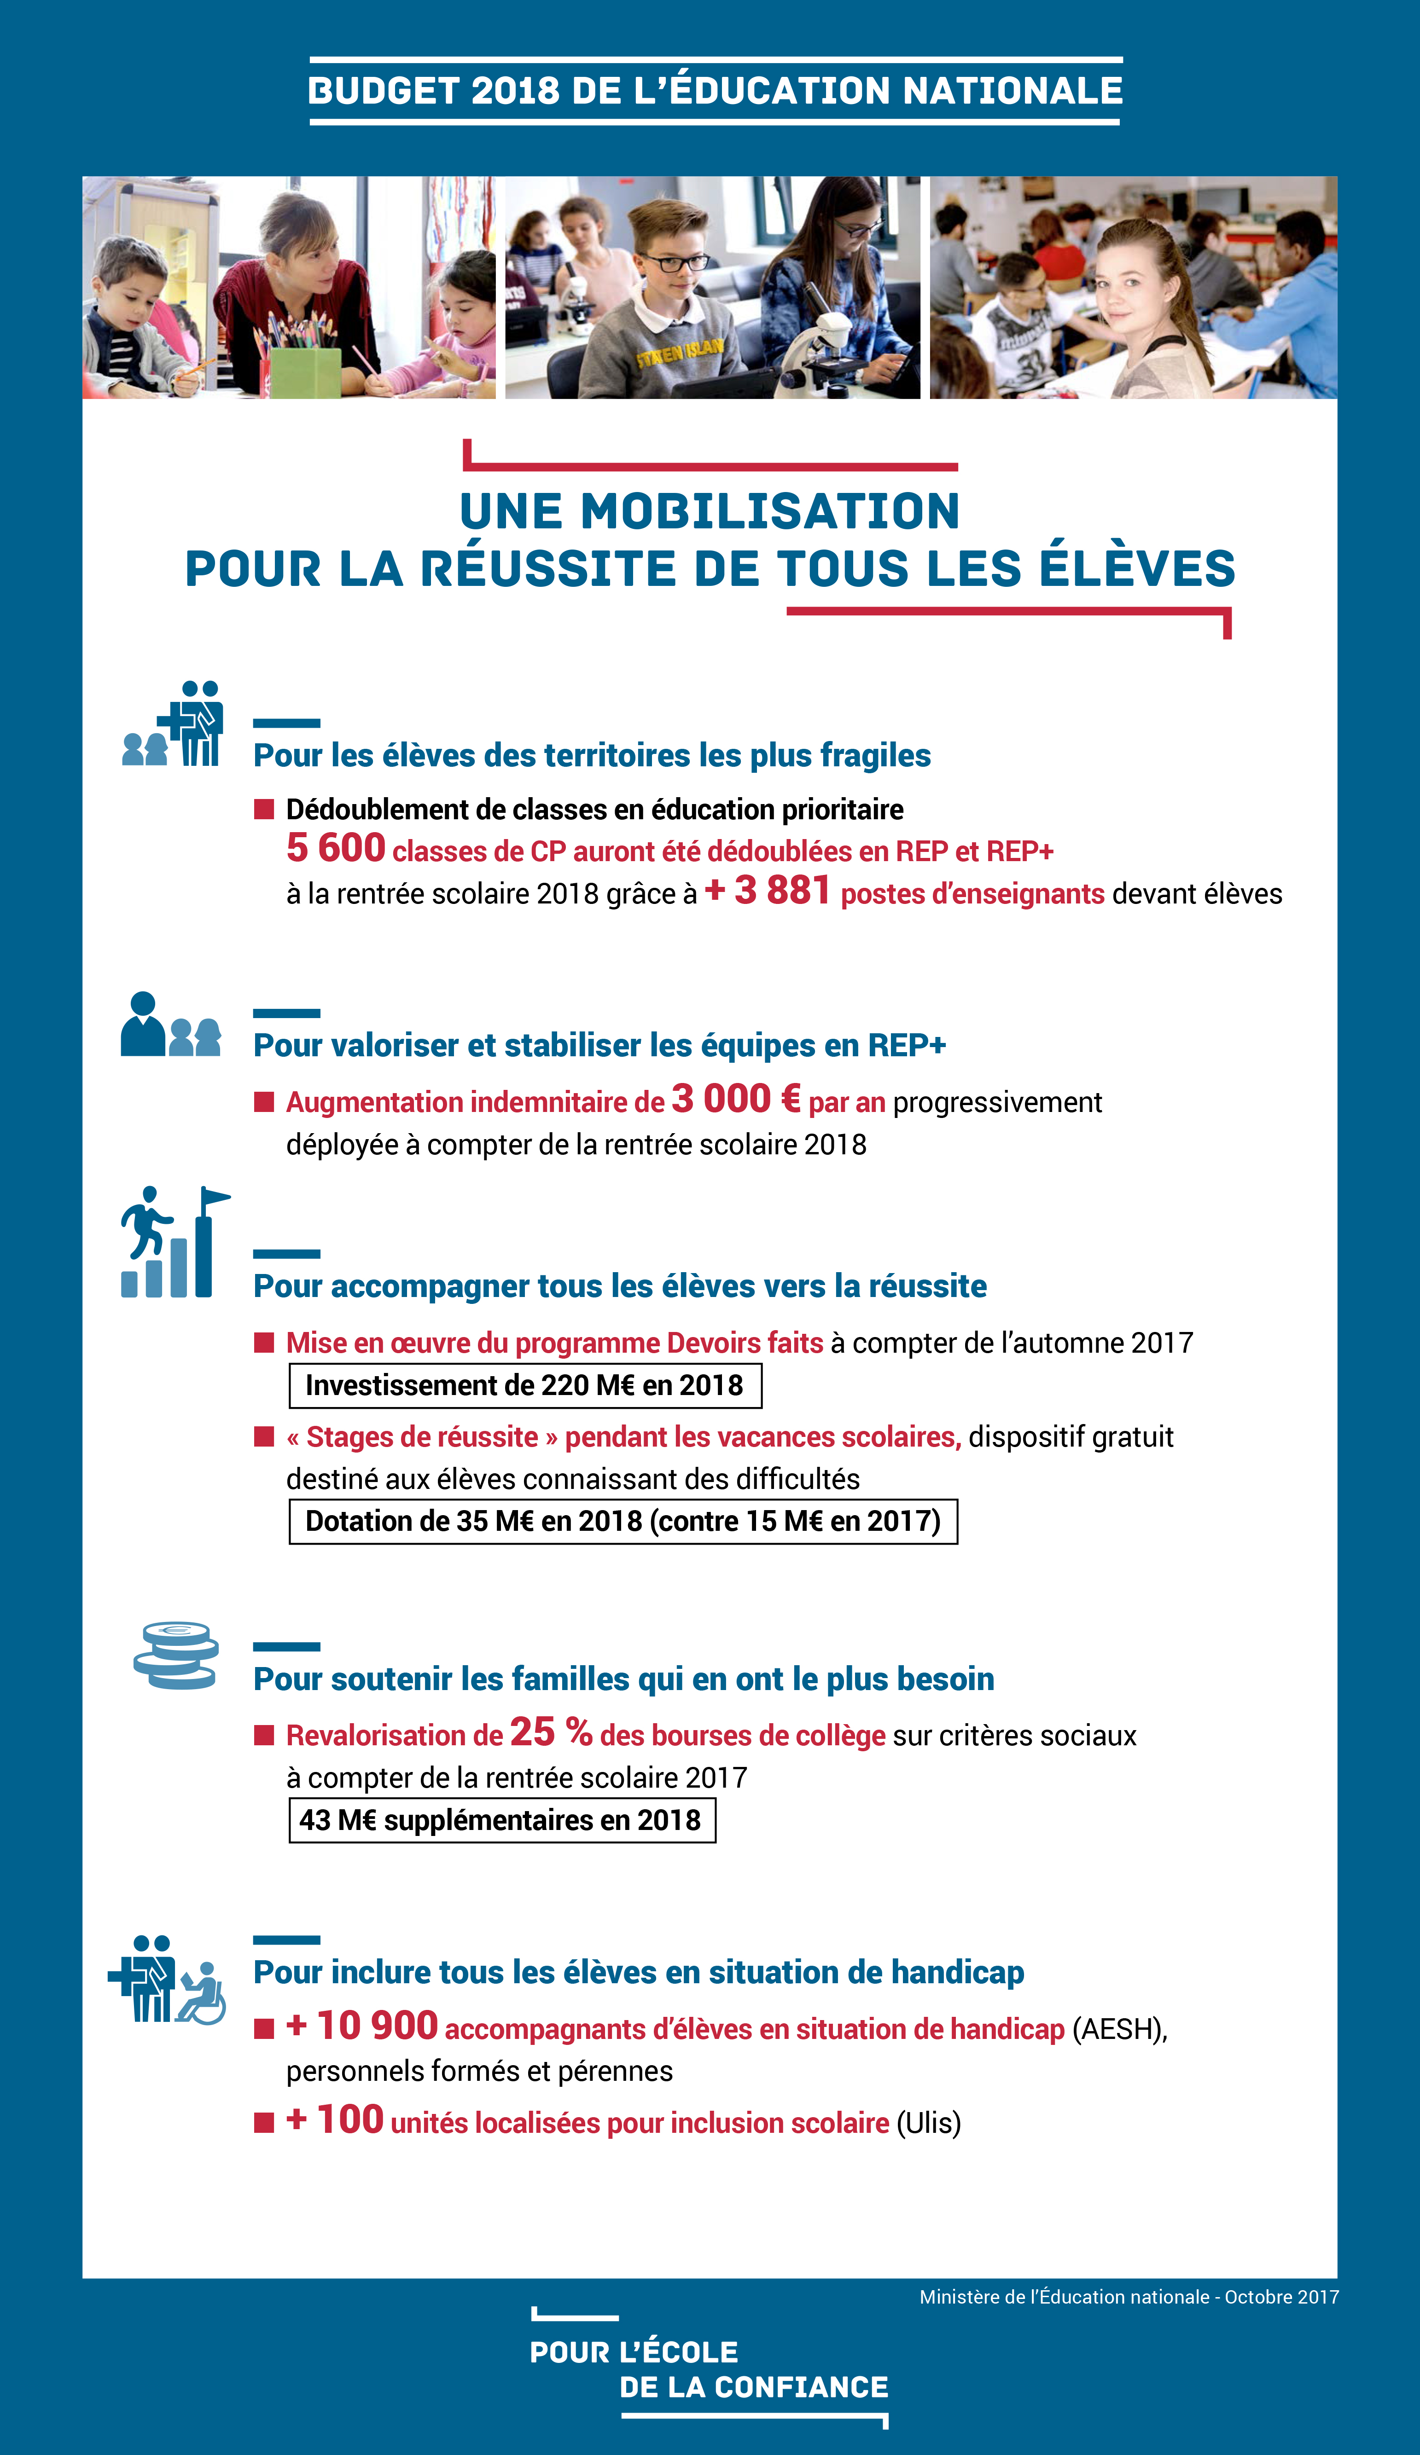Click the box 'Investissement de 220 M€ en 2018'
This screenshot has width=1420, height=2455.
coord(524,1385)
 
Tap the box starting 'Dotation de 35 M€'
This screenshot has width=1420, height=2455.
coord(623,1521)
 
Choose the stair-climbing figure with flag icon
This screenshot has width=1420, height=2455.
coord(174,1242)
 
